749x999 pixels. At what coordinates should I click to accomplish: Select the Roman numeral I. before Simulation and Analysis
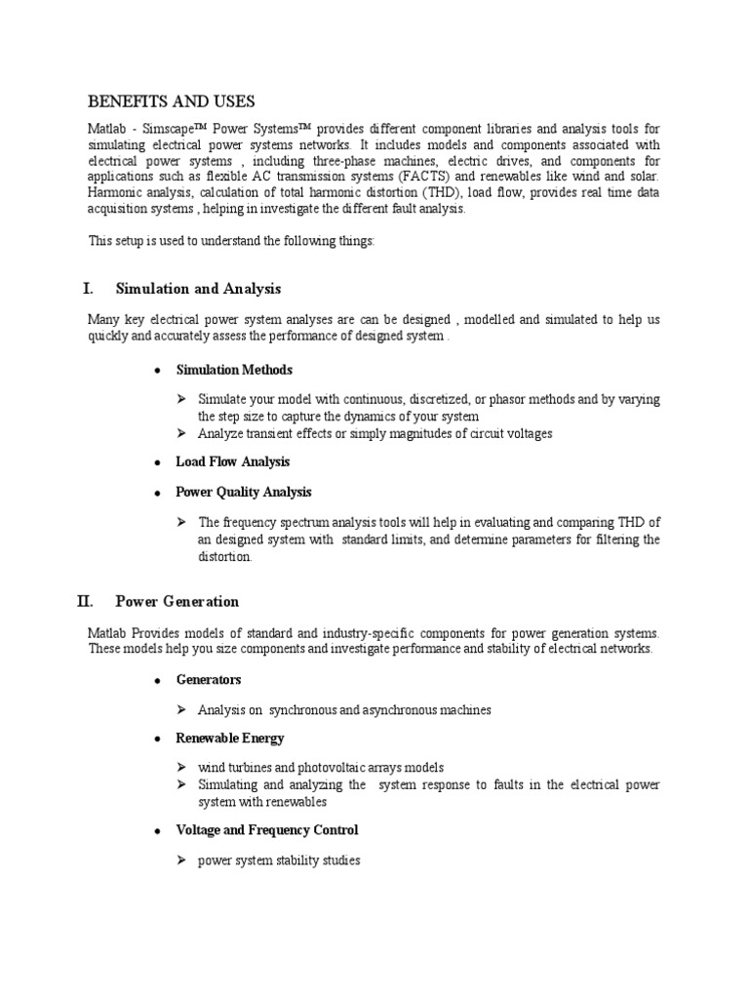pyautogui.click(x=88, y=289)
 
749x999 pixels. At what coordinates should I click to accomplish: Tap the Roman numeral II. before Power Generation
pyautogui.click(x=86, y=601)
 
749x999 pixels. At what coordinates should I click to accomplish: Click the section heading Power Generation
pyautogui.click(x=177, y=601)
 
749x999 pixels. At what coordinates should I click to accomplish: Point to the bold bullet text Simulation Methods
pyautogui.click(x=233, y=370)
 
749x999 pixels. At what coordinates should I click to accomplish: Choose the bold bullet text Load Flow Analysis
pyautogui.click(x=232, y=461)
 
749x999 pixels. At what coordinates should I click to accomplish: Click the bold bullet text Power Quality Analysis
pyautogui.click(x=243, y=492)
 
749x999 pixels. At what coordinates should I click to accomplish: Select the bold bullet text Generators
pyautogui.click(x=208, y=679)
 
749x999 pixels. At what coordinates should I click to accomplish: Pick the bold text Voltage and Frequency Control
pyautogui.click(x=266, y=830)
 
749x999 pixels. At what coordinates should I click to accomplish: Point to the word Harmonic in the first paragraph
pyautogui.click(x=114, y=192)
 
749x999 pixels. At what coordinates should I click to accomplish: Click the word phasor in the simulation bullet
pyautogui.click(x=484, y=400)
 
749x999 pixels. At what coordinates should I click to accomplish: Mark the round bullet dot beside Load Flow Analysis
pyautogui.click(x=156, y=462)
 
